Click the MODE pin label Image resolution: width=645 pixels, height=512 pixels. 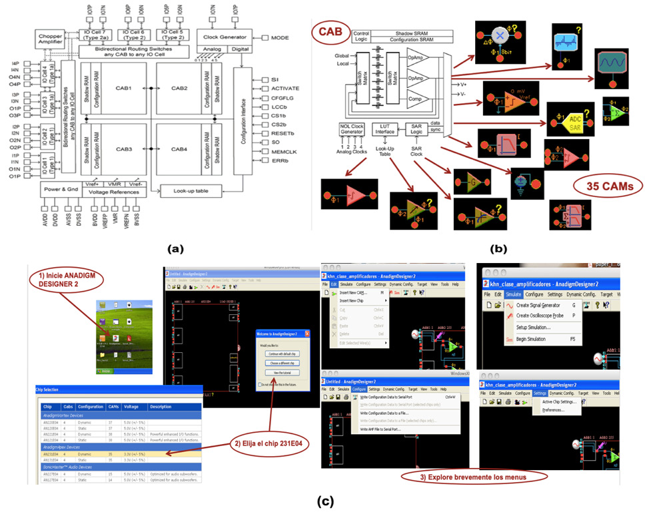pyautogui.click(x=281, y=38)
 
